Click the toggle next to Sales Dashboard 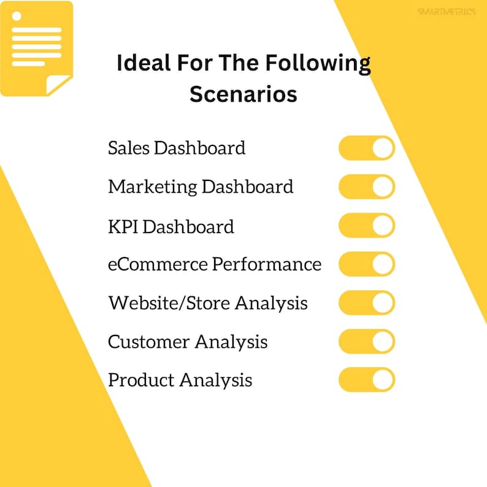(366, 148)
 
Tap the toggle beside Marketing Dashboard (366, 187)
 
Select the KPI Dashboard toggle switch (366, 226)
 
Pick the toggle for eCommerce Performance (366, 264)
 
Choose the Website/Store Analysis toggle (366, 303)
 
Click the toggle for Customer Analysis (366, 342)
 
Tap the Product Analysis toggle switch (366, 380)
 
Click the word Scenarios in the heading (243, 94)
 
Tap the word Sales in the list (128, 148)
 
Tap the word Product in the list (141, 380)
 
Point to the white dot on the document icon (17, 15)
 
